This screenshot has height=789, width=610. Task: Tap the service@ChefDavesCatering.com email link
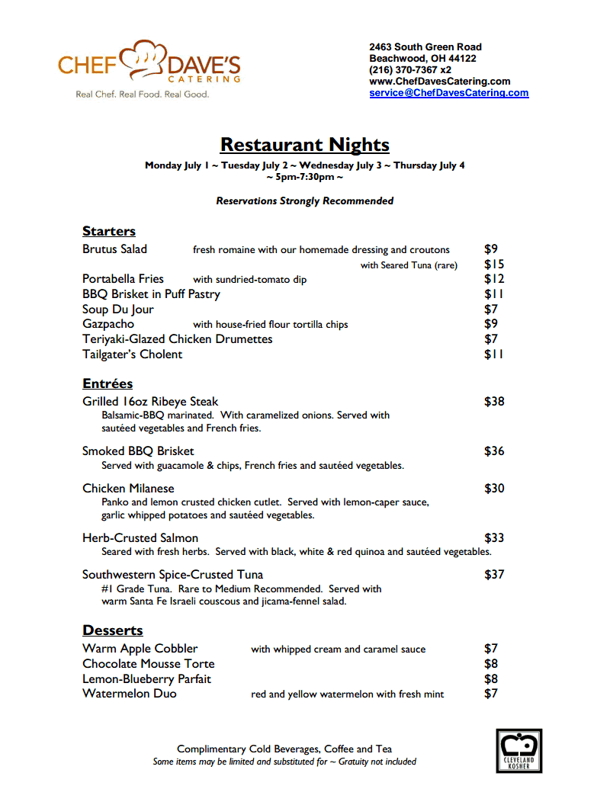click(448, 93)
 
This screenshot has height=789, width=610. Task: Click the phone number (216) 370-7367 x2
click(410, 70)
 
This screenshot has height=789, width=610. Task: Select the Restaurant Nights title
click(304, 145)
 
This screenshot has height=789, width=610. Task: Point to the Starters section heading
click(109, 231)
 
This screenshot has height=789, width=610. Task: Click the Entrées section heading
click(108, 383)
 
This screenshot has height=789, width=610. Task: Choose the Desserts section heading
click(113, 630)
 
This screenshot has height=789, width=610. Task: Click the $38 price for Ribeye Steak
click(494, 402)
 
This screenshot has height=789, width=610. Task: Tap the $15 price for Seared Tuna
click(494, 265)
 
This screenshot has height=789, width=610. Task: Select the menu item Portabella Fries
click(123, 279)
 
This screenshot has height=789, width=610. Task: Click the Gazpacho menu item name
click(108, 324)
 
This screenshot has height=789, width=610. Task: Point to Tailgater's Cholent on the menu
click(133, 354)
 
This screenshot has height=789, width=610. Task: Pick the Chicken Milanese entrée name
click(128, 489)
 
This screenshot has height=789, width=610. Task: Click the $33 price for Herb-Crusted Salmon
click(494, 538)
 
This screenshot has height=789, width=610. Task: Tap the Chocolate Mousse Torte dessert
click(149, 664)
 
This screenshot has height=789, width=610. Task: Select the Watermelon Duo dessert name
click(130, 694)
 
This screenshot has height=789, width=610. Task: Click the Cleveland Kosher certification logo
click(518, 751)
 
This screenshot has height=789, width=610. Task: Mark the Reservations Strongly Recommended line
click(305, 201)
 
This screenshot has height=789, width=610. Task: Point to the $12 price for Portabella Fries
click(494, 279)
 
